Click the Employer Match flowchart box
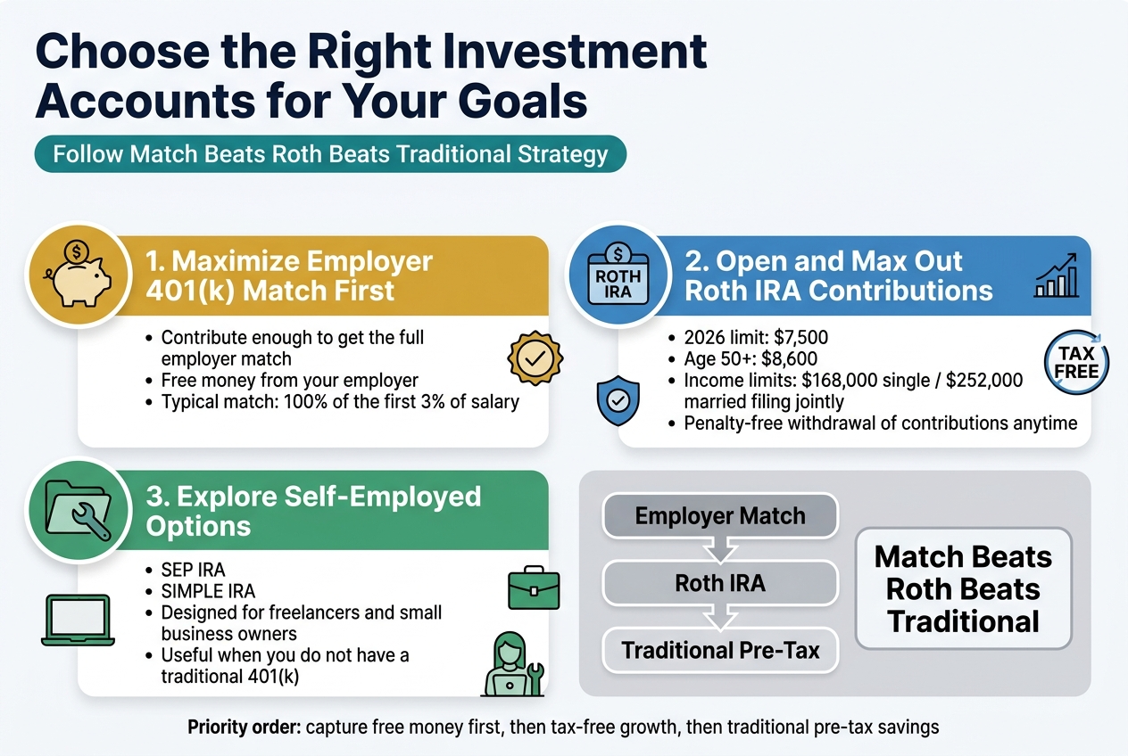pyautogui.click(x=720, y=515)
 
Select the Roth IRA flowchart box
pyautogui.click(x=720, y=584)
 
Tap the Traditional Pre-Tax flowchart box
pyautogui.click(x=720, y=650)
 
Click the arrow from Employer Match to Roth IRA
pyautogui.click(x=720, y=550)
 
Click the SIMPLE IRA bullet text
pyautogui.click(x=208, y=591)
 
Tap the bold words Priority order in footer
pyautogui.click(x=244, y=727)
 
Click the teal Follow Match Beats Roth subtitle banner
pyautogui.click(x=330, y=153)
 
